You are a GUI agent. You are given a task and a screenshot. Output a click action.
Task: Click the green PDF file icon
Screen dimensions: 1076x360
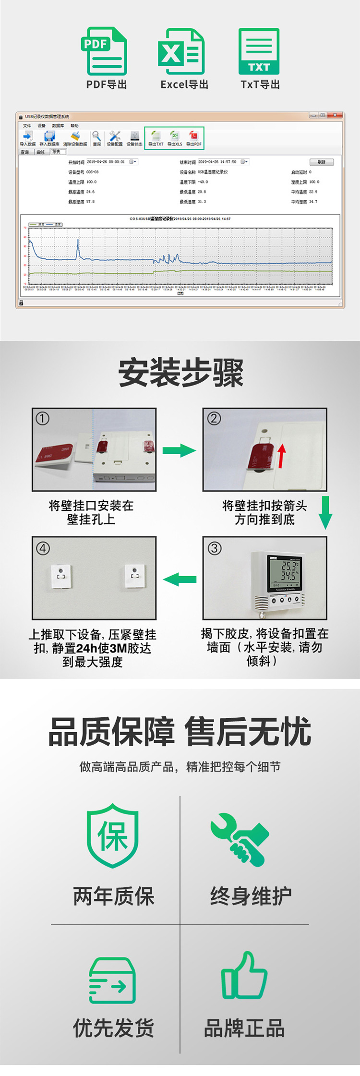(x=104, y=51)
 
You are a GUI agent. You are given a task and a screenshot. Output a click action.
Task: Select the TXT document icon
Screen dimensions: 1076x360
(x=259, y=51)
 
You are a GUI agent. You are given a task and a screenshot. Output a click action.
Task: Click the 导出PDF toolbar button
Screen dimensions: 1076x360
(x=194, y=138)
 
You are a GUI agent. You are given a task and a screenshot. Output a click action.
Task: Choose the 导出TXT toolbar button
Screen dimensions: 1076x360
(x=156, y=138)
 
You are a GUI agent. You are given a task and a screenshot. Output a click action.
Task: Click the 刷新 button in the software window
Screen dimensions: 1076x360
(x=321, y=162)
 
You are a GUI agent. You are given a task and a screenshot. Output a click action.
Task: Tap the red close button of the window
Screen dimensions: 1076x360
(x=337, y=115)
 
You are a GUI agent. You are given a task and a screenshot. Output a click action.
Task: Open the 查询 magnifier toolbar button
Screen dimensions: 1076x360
(x=96, y=138)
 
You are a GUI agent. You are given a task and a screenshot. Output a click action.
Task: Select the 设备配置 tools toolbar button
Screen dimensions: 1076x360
(x=115, y=138)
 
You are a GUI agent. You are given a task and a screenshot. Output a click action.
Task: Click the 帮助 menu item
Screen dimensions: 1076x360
(x=74, y=126)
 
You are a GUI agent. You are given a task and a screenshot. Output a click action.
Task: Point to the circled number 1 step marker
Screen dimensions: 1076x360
(x=43, y=419)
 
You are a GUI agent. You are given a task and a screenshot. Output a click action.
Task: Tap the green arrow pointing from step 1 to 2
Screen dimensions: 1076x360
(x=179, y=450)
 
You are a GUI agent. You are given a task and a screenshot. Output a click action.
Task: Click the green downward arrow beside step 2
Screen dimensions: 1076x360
(x=325, y=512)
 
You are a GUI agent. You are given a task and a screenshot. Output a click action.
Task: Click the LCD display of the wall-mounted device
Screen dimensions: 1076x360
(x=285, y=574)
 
